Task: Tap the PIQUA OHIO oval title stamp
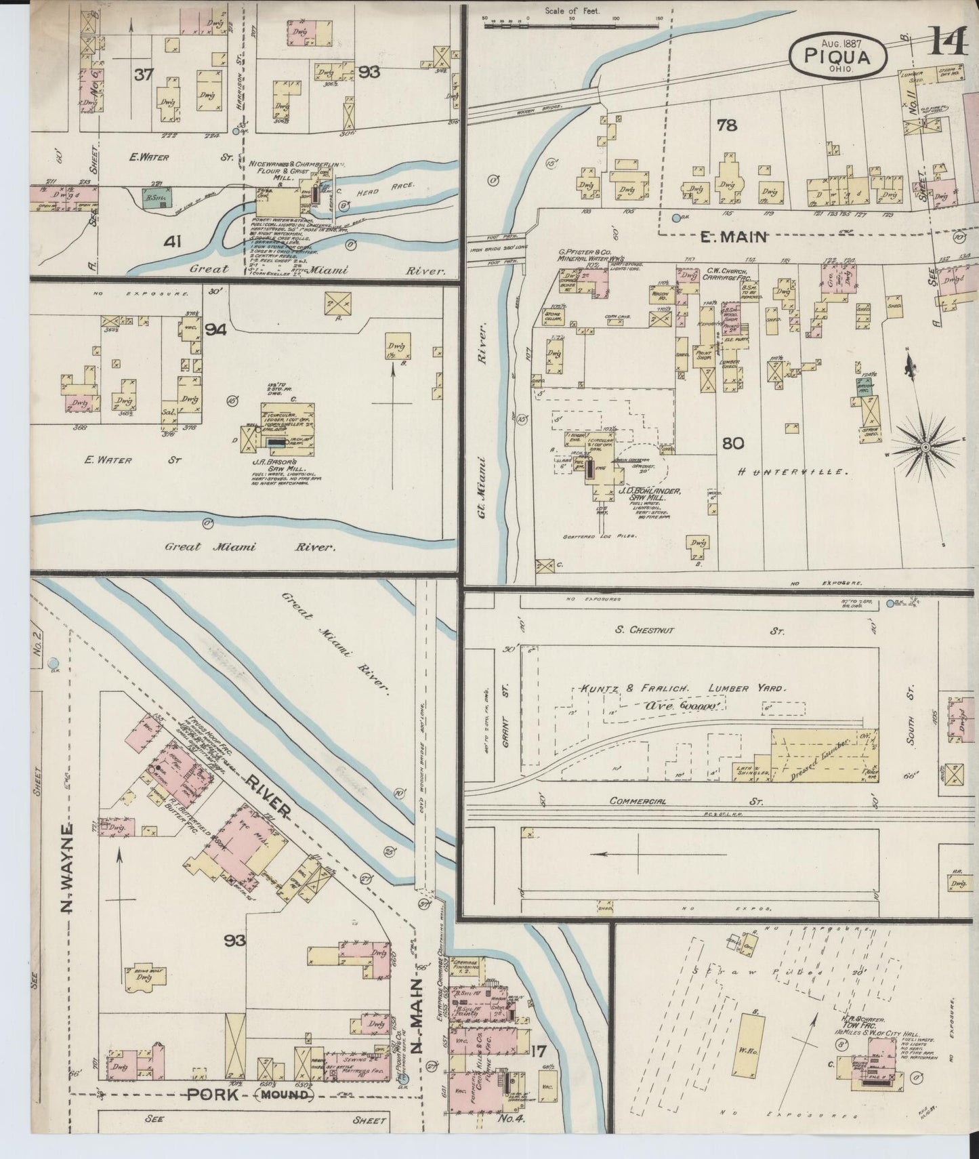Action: pyautogui.click(x=837, y=56)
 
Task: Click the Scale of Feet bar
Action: pyautogui.click(x=572, y=26)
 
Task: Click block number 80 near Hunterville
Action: pyautogui.click(x=732, y=444)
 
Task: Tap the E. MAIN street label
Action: pyautogui.click(x=733, y=237)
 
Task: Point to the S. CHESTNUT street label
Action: pyautogui.click(x=644, y=630)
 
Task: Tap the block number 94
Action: pyautogui.click(x=215, y=330)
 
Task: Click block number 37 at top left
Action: pyautogui.click(x=143, y=75)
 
